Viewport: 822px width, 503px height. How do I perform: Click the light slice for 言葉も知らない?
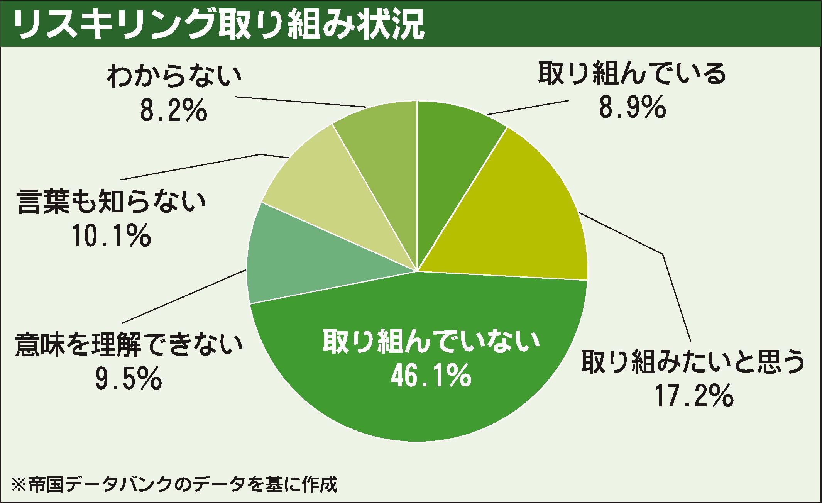pyautogui.click(x=328, y=193)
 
